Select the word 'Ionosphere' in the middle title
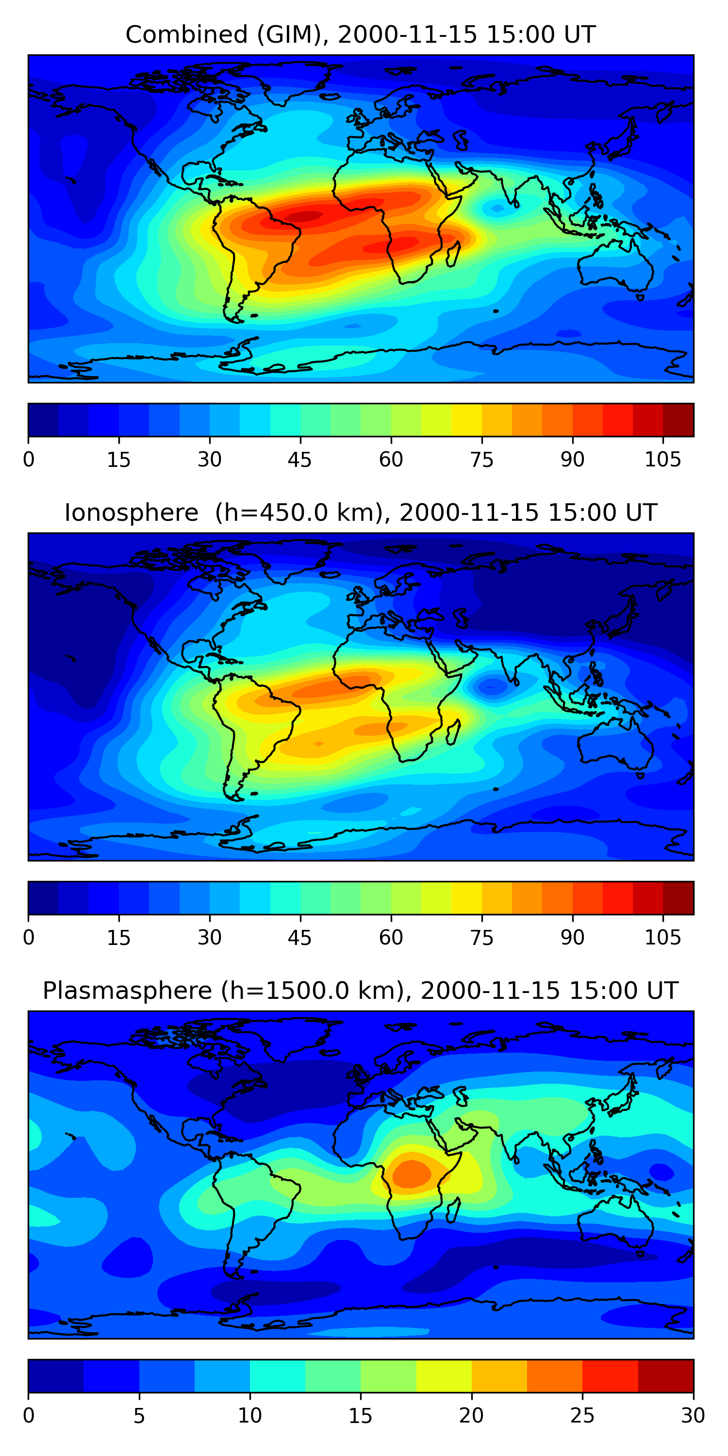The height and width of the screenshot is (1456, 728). click(131, 513)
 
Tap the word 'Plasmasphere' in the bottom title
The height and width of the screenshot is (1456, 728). click(127, 991)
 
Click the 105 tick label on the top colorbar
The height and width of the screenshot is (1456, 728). click(662, 460)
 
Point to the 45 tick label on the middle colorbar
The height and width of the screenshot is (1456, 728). click(299, 938)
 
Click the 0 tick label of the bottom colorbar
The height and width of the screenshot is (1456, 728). click(29, 1415)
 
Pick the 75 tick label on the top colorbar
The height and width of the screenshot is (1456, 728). click(481, 460)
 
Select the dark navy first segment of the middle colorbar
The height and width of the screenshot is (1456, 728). click(43, 897)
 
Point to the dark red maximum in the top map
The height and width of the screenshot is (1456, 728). click(303, 216)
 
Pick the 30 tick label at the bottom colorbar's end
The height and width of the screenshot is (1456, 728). click(693, 1415)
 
